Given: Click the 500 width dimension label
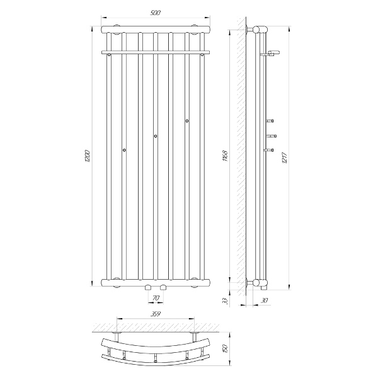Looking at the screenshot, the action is pyautogui.click(x=156, y=13).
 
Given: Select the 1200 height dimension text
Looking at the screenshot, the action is pyautogui.click(x=88, y=156).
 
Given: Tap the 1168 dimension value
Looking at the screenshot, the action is pyautogui.click(x=225, y=156).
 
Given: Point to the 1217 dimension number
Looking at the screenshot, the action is pyautogui.click(x=285, y=158).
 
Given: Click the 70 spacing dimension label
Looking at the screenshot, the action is pyautogui.click(x=156, y=298).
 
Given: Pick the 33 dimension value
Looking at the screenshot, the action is pyautogui.click(x=225, y=301).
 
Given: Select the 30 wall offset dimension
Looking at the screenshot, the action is pyautogui.click(x=265, y=301).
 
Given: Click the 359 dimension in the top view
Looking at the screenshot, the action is pyautogui.click(x=156, y=314).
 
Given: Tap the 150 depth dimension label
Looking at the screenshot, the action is pyautogui.click(x=225, y=348).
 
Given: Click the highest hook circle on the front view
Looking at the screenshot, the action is pyautogui.click(x=187, y=121).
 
